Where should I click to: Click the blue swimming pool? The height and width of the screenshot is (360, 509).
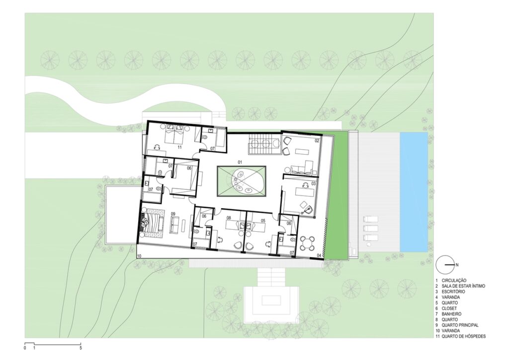(414, 191)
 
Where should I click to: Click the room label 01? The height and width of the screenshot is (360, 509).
(240, 161)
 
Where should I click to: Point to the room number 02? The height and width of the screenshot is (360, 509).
(317, 141)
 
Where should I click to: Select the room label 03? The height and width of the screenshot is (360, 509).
(313, 184)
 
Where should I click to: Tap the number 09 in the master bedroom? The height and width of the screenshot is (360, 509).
(172, 214)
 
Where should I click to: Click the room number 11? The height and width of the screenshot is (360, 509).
(179, 147)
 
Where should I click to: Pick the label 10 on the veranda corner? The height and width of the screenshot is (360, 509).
(139, 256)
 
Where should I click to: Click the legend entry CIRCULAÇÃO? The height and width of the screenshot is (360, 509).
(454, 280)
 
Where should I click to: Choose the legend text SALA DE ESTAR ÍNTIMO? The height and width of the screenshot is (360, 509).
(463, 286)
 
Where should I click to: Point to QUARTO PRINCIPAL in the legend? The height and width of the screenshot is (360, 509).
(460, 325)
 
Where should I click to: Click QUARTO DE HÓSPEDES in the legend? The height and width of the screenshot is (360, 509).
(464, 336)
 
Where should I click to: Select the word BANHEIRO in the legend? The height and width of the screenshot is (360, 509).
(451, 314)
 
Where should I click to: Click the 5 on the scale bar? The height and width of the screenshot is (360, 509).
(81, 348)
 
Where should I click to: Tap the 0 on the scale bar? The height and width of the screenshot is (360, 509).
(25, 348)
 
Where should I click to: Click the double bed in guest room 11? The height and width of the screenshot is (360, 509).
(175, 135)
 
